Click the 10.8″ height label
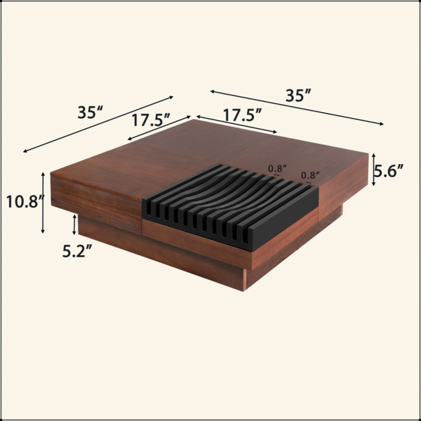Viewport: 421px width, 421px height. (x=25, y=202)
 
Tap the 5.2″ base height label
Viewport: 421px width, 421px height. (x=77, y=251)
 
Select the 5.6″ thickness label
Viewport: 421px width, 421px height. (x=389, y=171)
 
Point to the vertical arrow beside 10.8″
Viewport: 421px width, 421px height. (x=43, y=203)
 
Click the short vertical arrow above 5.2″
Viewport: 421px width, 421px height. (x=74, y=225)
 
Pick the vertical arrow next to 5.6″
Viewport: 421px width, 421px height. (x=373, y=169)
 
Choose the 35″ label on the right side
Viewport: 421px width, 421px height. (x=298, y=95)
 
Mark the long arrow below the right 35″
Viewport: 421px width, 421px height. (x=297, y=107)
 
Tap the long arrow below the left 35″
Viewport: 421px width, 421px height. (x=98, y=124)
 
